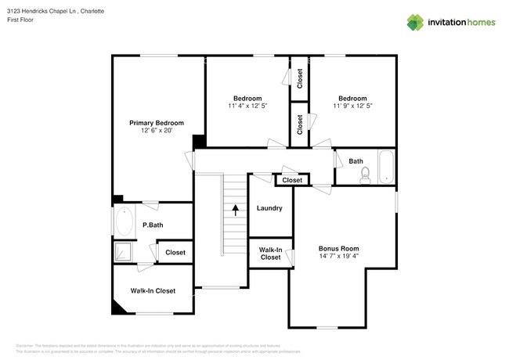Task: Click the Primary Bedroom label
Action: point(157,123)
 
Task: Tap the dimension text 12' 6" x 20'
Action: point(157,131)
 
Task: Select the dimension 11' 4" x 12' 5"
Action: point(247,106)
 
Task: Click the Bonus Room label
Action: point(339,248)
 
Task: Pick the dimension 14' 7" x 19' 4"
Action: point(339,256)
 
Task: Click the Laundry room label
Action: point(269,208)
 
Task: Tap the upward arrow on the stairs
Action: point(234,209)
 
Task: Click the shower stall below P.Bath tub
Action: point(124,252)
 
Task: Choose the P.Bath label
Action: point(152,226)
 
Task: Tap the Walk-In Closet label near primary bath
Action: point(153,290)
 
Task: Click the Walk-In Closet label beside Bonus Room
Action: point(270,254)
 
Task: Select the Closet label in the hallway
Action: point(292,180)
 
